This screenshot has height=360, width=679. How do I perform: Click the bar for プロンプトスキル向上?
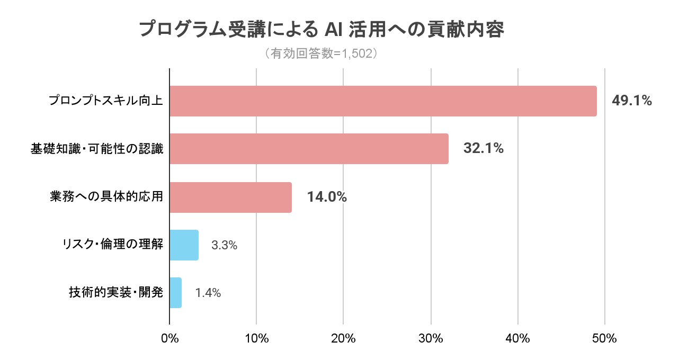383,101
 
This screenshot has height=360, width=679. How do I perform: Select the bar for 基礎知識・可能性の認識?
309,149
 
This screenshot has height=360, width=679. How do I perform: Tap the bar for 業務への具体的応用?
230,197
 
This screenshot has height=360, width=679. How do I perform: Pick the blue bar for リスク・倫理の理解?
184,245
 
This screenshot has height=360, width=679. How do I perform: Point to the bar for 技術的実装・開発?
175,293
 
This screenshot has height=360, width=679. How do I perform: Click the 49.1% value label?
631,101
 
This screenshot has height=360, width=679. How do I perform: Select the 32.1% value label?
483,149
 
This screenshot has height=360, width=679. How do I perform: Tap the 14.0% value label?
327,197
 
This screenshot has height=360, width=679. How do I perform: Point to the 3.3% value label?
224,245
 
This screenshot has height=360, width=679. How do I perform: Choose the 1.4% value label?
208,293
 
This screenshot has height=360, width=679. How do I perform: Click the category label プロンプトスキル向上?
105,101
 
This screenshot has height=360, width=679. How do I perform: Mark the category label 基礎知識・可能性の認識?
96,149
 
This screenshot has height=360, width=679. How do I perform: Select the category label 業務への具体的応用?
103,197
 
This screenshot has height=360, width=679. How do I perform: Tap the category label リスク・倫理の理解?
112,245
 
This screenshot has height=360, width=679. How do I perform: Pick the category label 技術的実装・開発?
116,293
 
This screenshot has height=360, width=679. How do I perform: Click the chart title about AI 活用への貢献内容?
321,30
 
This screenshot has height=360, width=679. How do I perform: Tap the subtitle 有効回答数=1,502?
321,53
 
